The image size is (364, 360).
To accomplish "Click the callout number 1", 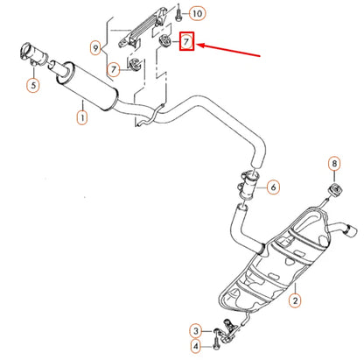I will [x=82, y=115].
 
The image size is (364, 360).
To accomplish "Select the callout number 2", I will [x=295, y=300].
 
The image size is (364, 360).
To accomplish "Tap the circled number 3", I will [x=198, y=328].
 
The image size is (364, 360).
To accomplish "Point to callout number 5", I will [x=33, y=85].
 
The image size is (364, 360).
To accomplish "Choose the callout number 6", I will [x=272, y=187].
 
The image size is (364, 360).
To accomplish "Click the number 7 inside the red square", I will [x=185, y=40].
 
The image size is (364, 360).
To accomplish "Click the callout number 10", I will [x=196, y=13].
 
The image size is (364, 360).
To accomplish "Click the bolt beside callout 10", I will [x=177, y=13].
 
